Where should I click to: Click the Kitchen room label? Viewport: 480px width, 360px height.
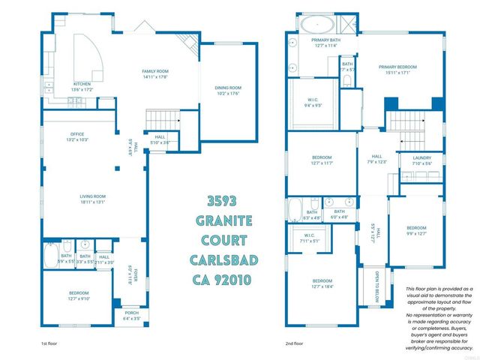(82, 84)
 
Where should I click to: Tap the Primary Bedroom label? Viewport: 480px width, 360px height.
(397, 67)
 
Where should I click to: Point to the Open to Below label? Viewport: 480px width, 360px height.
(367, 285)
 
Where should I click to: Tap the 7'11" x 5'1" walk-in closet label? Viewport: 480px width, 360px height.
(309, 238)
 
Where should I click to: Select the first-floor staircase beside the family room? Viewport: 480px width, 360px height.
(163, 118)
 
